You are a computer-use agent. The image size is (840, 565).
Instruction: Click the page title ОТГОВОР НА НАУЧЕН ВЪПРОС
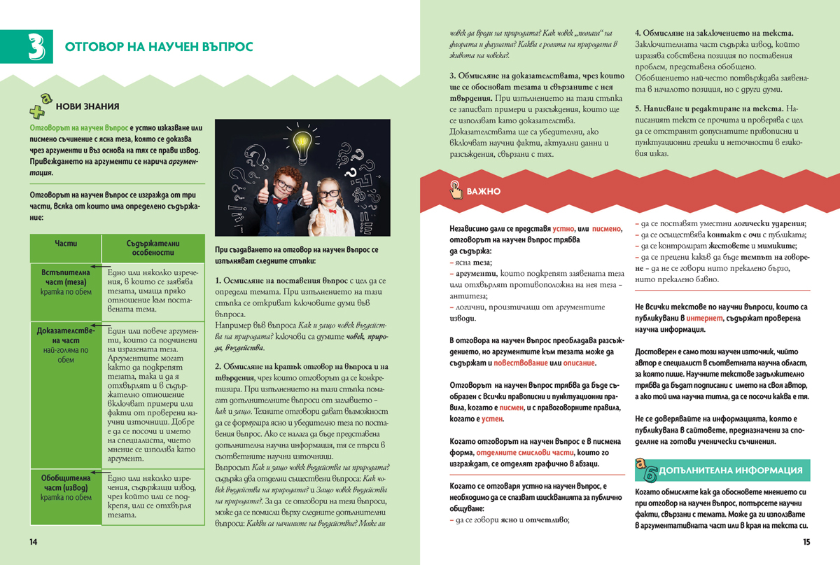[159, 47]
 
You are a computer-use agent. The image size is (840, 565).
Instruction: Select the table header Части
[66, 243]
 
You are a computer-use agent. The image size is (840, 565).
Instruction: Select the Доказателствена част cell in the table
[66, 344]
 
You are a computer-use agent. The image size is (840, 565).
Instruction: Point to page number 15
[805, 542]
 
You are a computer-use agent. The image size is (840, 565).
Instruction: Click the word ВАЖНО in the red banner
[483, 190]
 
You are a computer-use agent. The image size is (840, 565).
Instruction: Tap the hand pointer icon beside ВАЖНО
[455, 189]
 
